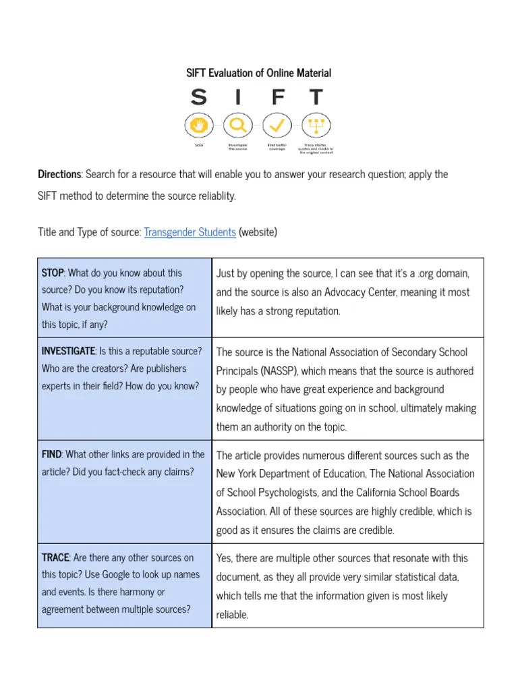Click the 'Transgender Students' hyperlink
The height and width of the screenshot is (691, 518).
click(x=190, y=232)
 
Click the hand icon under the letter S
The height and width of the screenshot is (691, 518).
click(x=198, y=125)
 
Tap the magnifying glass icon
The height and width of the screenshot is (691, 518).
click(x=237, y=125)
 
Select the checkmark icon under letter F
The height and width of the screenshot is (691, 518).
click(x=277, y=125)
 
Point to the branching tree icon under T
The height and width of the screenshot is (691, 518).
click(x=316, y=125)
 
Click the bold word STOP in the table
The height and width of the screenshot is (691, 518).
click(x=53, y=273)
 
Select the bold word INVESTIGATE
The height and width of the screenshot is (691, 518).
click(x=68, y=351)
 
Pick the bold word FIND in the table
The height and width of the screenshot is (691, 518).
click(x=51, y=454)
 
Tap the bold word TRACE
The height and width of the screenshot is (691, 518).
click(x=55, y=557)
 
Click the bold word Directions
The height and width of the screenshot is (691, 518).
click(x=60, y=174)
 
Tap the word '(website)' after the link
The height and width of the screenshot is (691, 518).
click(x=258, y=232)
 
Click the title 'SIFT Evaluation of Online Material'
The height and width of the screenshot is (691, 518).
click(x=258, y=73)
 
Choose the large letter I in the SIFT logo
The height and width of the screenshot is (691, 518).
click(x=237, y=98)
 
